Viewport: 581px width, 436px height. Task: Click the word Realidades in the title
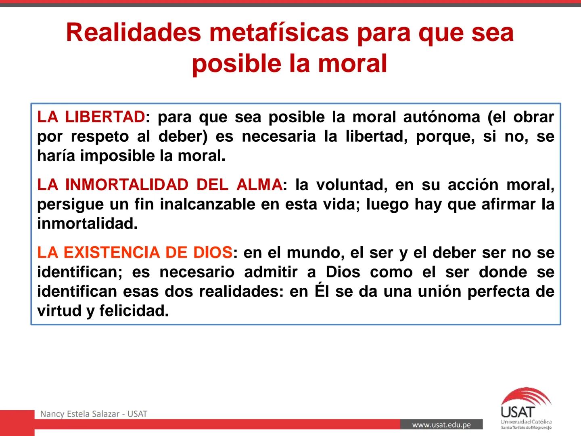coord(134,32)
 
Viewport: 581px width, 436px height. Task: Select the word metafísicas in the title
coord(279,32)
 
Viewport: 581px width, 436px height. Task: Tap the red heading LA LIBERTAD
coord(91,117)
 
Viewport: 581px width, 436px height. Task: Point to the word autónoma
coord(441,117)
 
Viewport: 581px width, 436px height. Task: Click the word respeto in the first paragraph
coord(100,136)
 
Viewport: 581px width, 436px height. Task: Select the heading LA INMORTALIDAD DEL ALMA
coord(160,185)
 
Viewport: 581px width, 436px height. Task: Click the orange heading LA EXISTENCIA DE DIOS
coord(135,253)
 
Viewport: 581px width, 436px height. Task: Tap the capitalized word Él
coord(322,291)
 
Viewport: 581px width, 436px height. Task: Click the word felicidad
coord(134,311)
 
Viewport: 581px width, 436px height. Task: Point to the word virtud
coord(59,311)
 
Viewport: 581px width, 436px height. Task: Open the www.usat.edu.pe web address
coord(441,425)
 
